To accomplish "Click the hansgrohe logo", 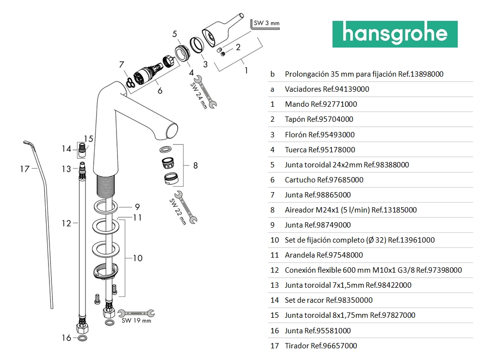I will pyautogui.click(x=395, y=34).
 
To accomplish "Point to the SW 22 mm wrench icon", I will pyautogui.click(x=186, y=208).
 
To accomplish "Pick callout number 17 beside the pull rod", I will pyautogui.click(x=25, y=169).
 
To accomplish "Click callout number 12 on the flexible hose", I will pyautogui.click(x=66, y=223).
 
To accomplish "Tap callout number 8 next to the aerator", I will pyautogui.click(x=195, y=165).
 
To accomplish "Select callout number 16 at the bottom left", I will pyautogui.click(x=67, y=338).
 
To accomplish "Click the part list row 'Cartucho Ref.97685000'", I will pyautogui.click(x=324, y=180).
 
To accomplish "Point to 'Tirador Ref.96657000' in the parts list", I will pyautogui.click(x=321, y=345).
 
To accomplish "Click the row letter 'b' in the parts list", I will pyautogui.click(x=272, y=74).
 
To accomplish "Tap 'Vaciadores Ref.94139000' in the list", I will pyautogui.click(x=327, y=89).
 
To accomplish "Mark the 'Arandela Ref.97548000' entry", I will pyautogui.click(x=324, y=255).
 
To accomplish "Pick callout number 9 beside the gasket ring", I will pyautogui.click(x=137, y=206).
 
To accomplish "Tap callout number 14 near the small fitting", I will pyautogui.click(x=67, y=149).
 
